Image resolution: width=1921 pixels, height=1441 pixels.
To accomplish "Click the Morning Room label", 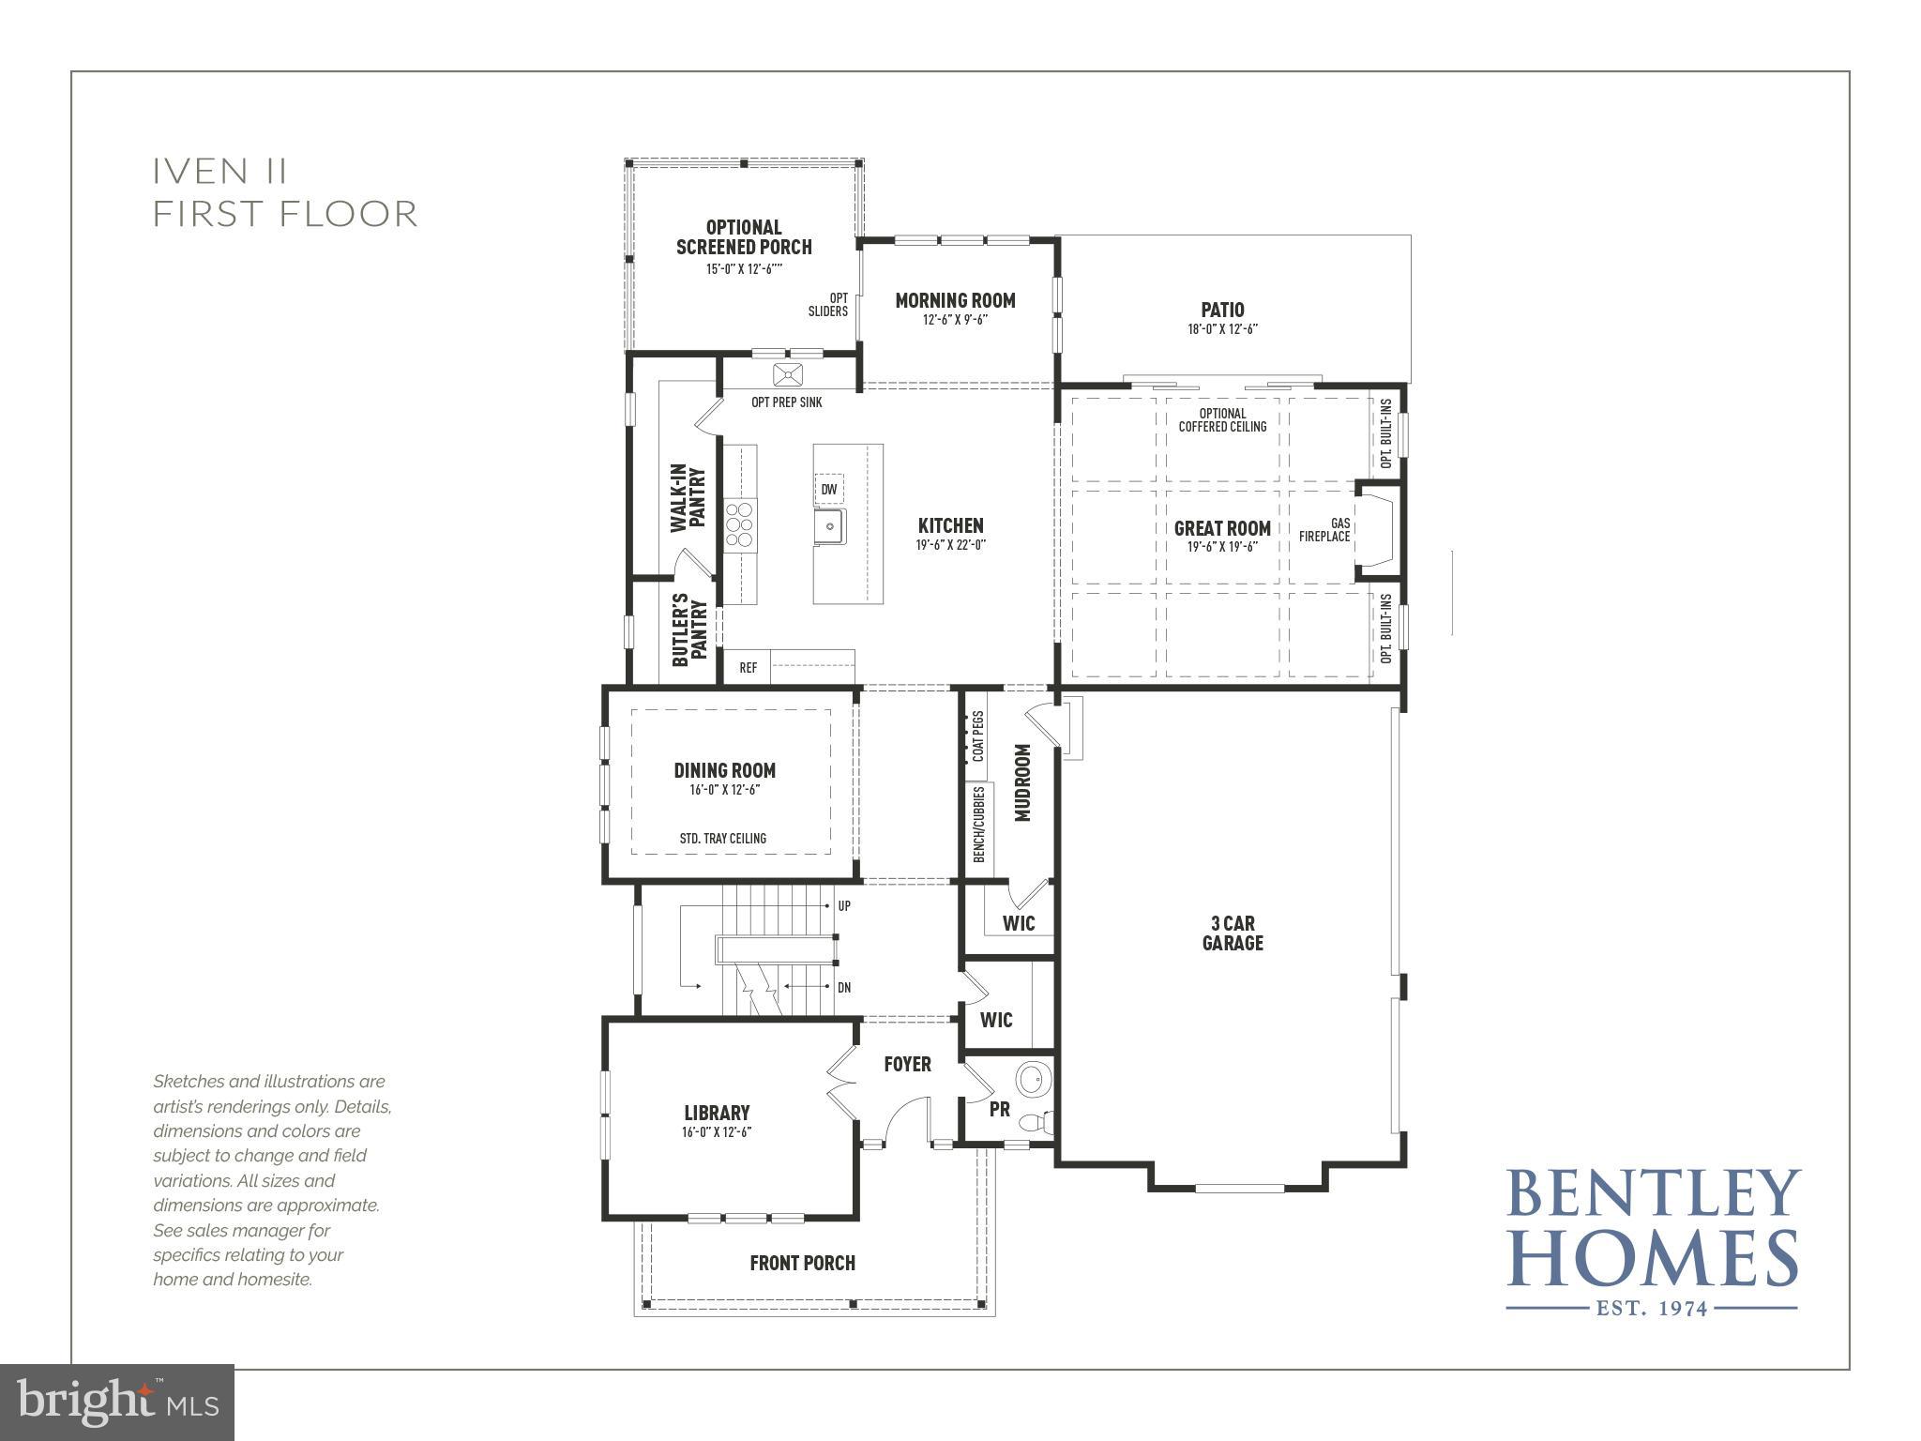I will [x=955, y=300].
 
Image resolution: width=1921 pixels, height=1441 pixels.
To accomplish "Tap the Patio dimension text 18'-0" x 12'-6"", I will [x=1222, y=329].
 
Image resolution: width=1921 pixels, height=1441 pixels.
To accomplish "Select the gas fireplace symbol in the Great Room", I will [x=1375, y=532].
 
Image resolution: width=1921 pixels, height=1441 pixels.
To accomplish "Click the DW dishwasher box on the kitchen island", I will [x=828, y=490].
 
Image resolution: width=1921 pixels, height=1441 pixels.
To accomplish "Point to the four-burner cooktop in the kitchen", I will [x=740, y=523].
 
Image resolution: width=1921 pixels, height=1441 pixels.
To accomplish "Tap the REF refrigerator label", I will [x=748, y=668].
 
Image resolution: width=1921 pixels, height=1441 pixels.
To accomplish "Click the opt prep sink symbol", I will [x=788, y=375].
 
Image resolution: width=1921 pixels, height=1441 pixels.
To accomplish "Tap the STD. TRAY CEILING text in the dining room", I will [x=722, y=839].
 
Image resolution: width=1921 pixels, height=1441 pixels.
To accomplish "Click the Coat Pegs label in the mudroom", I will [x=979, y=736].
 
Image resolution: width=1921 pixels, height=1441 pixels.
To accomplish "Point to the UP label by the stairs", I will [x=844, y=906].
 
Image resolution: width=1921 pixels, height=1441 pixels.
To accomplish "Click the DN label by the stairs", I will [x=844, y=988].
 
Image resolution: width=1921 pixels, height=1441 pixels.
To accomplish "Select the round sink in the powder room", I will [x=1034, y=1078].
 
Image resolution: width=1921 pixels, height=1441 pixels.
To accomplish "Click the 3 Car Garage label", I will [x=1232, y=933].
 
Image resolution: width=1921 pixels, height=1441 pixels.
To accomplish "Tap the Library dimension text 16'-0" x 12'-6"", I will [x=718, y=1132].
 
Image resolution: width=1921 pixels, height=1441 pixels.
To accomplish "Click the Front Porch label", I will [x=802, y=1263].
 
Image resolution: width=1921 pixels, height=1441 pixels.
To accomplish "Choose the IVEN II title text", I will [x=220, y=172].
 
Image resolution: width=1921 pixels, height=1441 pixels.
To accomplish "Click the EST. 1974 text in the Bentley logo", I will [x=1651, y=1307].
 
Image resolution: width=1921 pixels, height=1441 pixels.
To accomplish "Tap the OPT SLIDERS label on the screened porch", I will [x=828, y=305].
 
